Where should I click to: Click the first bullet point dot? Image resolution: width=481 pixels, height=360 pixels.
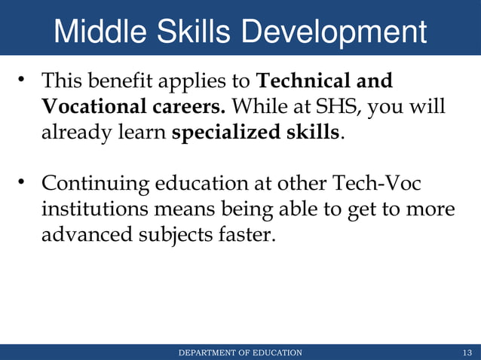(23, 79)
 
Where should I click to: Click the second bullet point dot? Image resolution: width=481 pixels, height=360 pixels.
(23, 182)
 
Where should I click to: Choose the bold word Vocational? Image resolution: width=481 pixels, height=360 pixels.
(87, 107)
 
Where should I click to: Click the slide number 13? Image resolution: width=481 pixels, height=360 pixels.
(467, 352)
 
